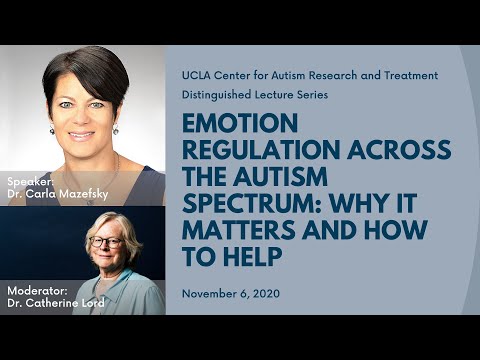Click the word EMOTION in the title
pos(227,125)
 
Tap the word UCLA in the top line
pos(197,75)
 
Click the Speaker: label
pos(29,181)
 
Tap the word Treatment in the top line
pos(410,75)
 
